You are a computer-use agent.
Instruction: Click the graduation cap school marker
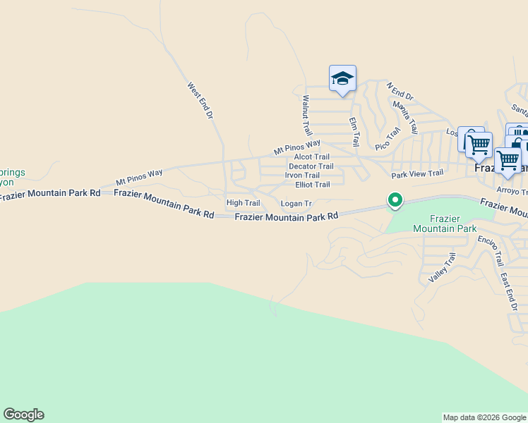click(342, 78)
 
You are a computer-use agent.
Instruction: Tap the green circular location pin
click(395, 201)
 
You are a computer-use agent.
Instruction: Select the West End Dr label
click(200, 100)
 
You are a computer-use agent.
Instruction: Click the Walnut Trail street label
click(307, 116)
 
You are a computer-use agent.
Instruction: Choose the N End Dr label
click(400, 92)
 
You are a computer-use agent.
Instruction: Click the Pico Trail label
click(388, 138)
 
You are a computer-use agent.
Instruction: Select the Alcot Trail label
click(312, 157)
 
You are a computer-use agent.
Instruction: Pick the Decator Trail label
click(311, 166)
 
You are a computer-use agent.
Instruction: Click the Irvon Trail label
click(302, 176)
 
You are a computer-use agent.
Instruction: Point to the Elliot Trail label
click(312, 185)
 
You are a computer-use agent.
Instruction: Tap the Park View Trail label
click(417, 173)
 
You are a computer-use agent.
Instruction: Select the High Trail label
click(243, 203)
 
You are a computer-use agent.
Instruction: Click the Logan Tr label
click(296, 204)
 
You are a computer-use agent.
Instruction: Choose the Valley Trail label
click(443, 268)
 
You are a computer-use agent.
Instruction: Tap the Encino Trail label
click(489, 250)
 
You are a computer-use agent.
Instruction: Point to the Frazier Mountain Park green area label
click(445, 223)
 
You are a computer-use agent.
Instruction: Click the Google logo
click(23, 415)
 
